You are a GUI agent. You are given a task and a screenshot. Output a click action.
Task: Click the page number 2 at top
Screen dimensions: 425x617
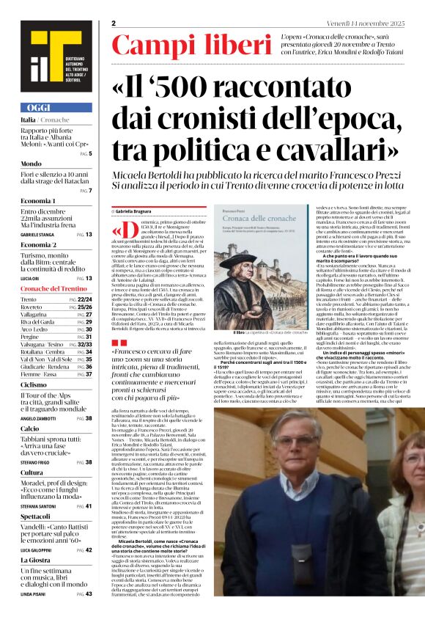114,23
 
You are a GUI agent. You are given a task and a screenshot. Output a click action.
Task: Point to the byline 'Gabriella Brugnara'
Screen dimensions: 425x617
147,211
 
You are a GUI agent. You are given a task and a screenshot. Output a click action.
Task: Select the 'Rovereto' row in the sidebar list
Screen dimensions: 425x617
33,307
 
